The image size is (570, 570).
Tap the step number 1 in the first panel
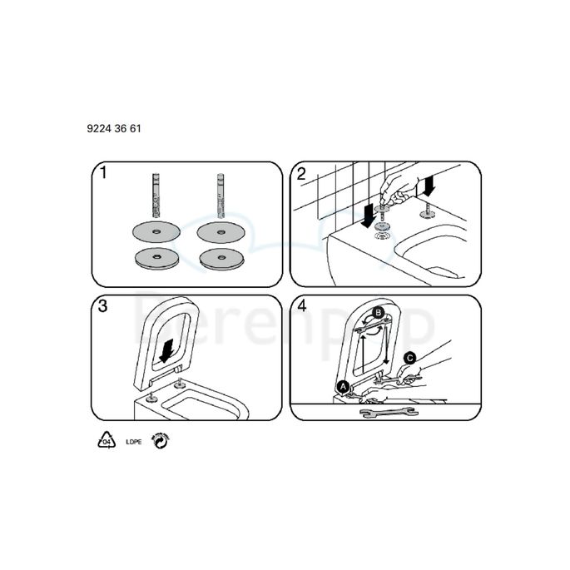103,174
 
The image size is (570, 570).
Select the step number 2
301,174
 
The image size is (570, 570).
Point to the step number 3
103,306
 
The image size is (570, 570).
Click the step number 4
301,306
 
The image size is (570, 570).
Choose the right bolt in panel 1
223,196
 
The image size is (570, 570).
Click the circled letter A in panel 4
343,386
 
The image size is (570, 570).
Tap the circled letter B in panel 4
379,312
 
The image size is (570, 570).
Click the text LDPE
132,441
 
